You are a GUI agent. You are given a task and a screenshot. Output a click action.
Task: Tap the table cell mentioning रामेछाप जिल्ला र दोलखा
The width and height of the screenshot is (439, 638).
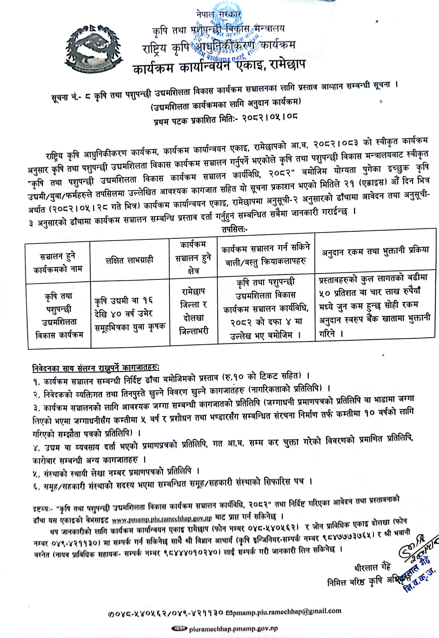194,311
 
